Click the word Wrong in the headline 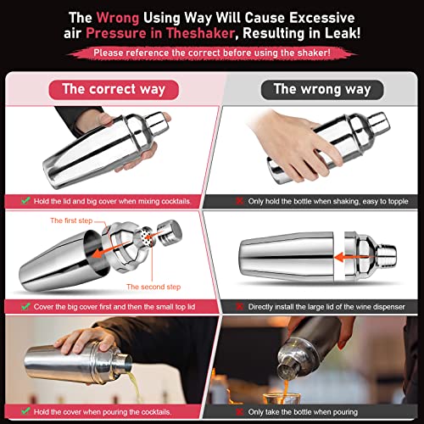point(118,18)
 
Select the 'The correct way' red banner point(114,90)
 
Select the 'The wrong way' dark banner point(322,90)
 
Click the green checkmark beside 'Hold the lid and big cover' point(25,201)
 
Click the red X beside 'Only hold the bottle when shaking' point(240,201)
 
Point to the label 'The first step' point(71,220)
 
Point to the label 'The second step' point(153,287)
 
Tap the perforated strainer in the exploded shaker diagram point(148,237)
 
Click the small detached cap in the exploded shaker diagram point(170,233)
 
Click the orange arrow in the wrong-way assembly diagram point(351,257)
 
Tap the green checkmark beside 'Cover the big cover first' point(25,306)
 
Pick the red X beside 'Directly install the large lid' point(240,307)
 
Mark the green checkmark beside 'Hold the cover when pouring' point(25,411)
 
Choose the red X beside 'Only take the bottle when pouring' point(240,412)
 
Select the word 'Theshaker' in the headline point(200,33)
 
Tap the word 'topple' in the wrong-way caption point(399,202)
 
